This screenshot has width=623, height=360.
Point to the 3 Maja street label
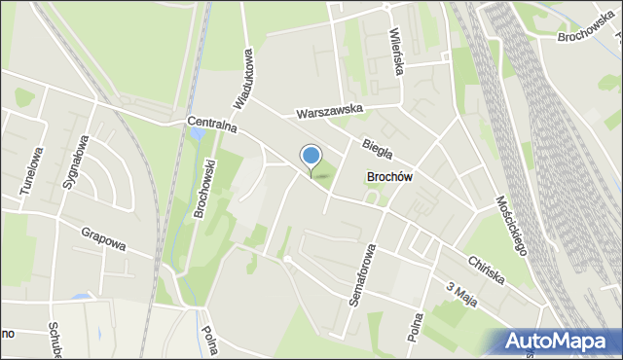click(x=461, y=293)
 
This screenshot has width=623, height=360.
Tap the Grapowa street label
click(x=103, y=238)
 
